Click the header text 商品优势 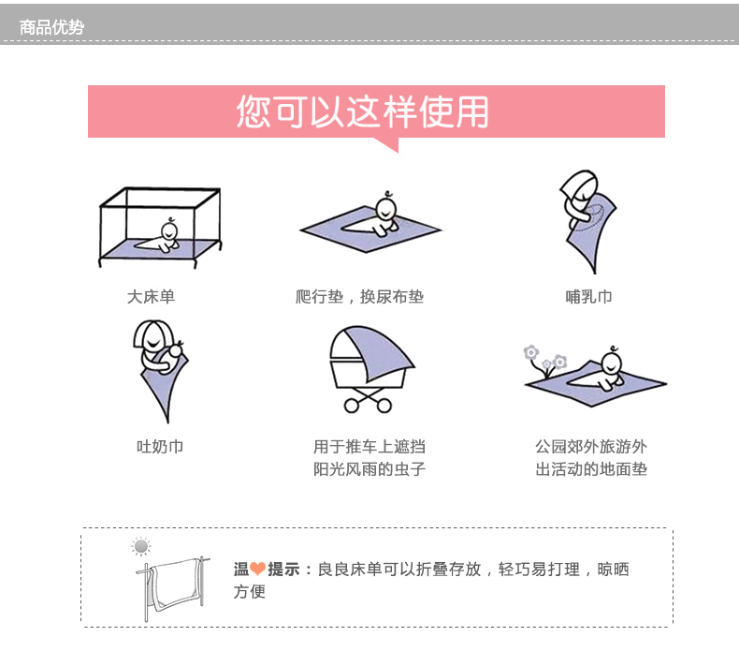[x=51, y=27]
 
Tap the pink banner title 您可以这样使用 [x=362, y=111]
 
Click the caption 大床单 [x=151, y=296]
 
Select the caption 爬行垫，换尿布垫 [x=359, y=296]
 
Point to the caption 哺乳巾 [x=588, y=296]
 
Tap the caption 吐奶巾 [x=160, y=446]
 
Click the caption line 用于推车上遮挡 [x=369, y=446]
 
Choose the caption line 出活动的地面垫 [x=591, y=468]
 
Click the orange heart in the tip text [x=258, y=569]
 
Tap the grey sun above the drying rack [x=141, y=547]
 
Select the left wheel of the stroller [x=352, y=406]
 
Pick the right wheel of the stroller [x=384, y=406]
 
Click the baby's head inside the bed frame [x=169, y=231]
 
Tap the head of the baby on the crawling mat [x=386, y=209]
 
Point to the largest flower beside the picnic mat [x=531, y=352]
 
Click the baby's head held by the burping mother [x=176, y=350]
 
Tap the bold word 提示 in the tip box [x=283, y=569]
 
